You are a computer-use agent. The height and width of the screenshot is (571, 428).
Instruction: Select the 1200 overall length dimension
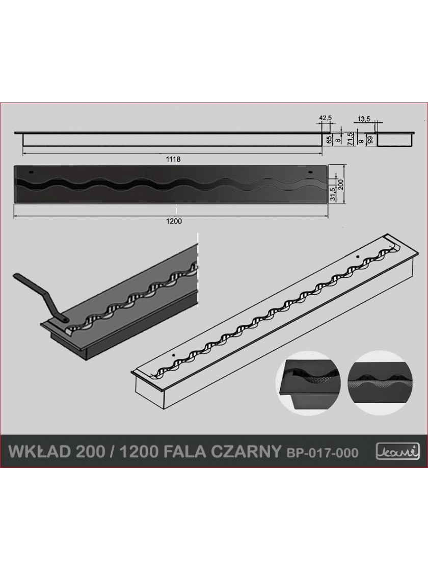[174, 221]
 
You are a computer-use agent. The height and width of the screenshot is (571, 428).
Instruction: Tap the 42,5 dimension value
[325, 118]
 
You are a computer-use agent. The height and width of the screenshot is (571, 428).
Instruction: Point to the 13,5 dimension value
[363, 118]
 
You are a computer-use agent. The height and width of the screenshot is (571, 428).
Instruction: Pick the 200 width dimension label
[340, 185]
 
